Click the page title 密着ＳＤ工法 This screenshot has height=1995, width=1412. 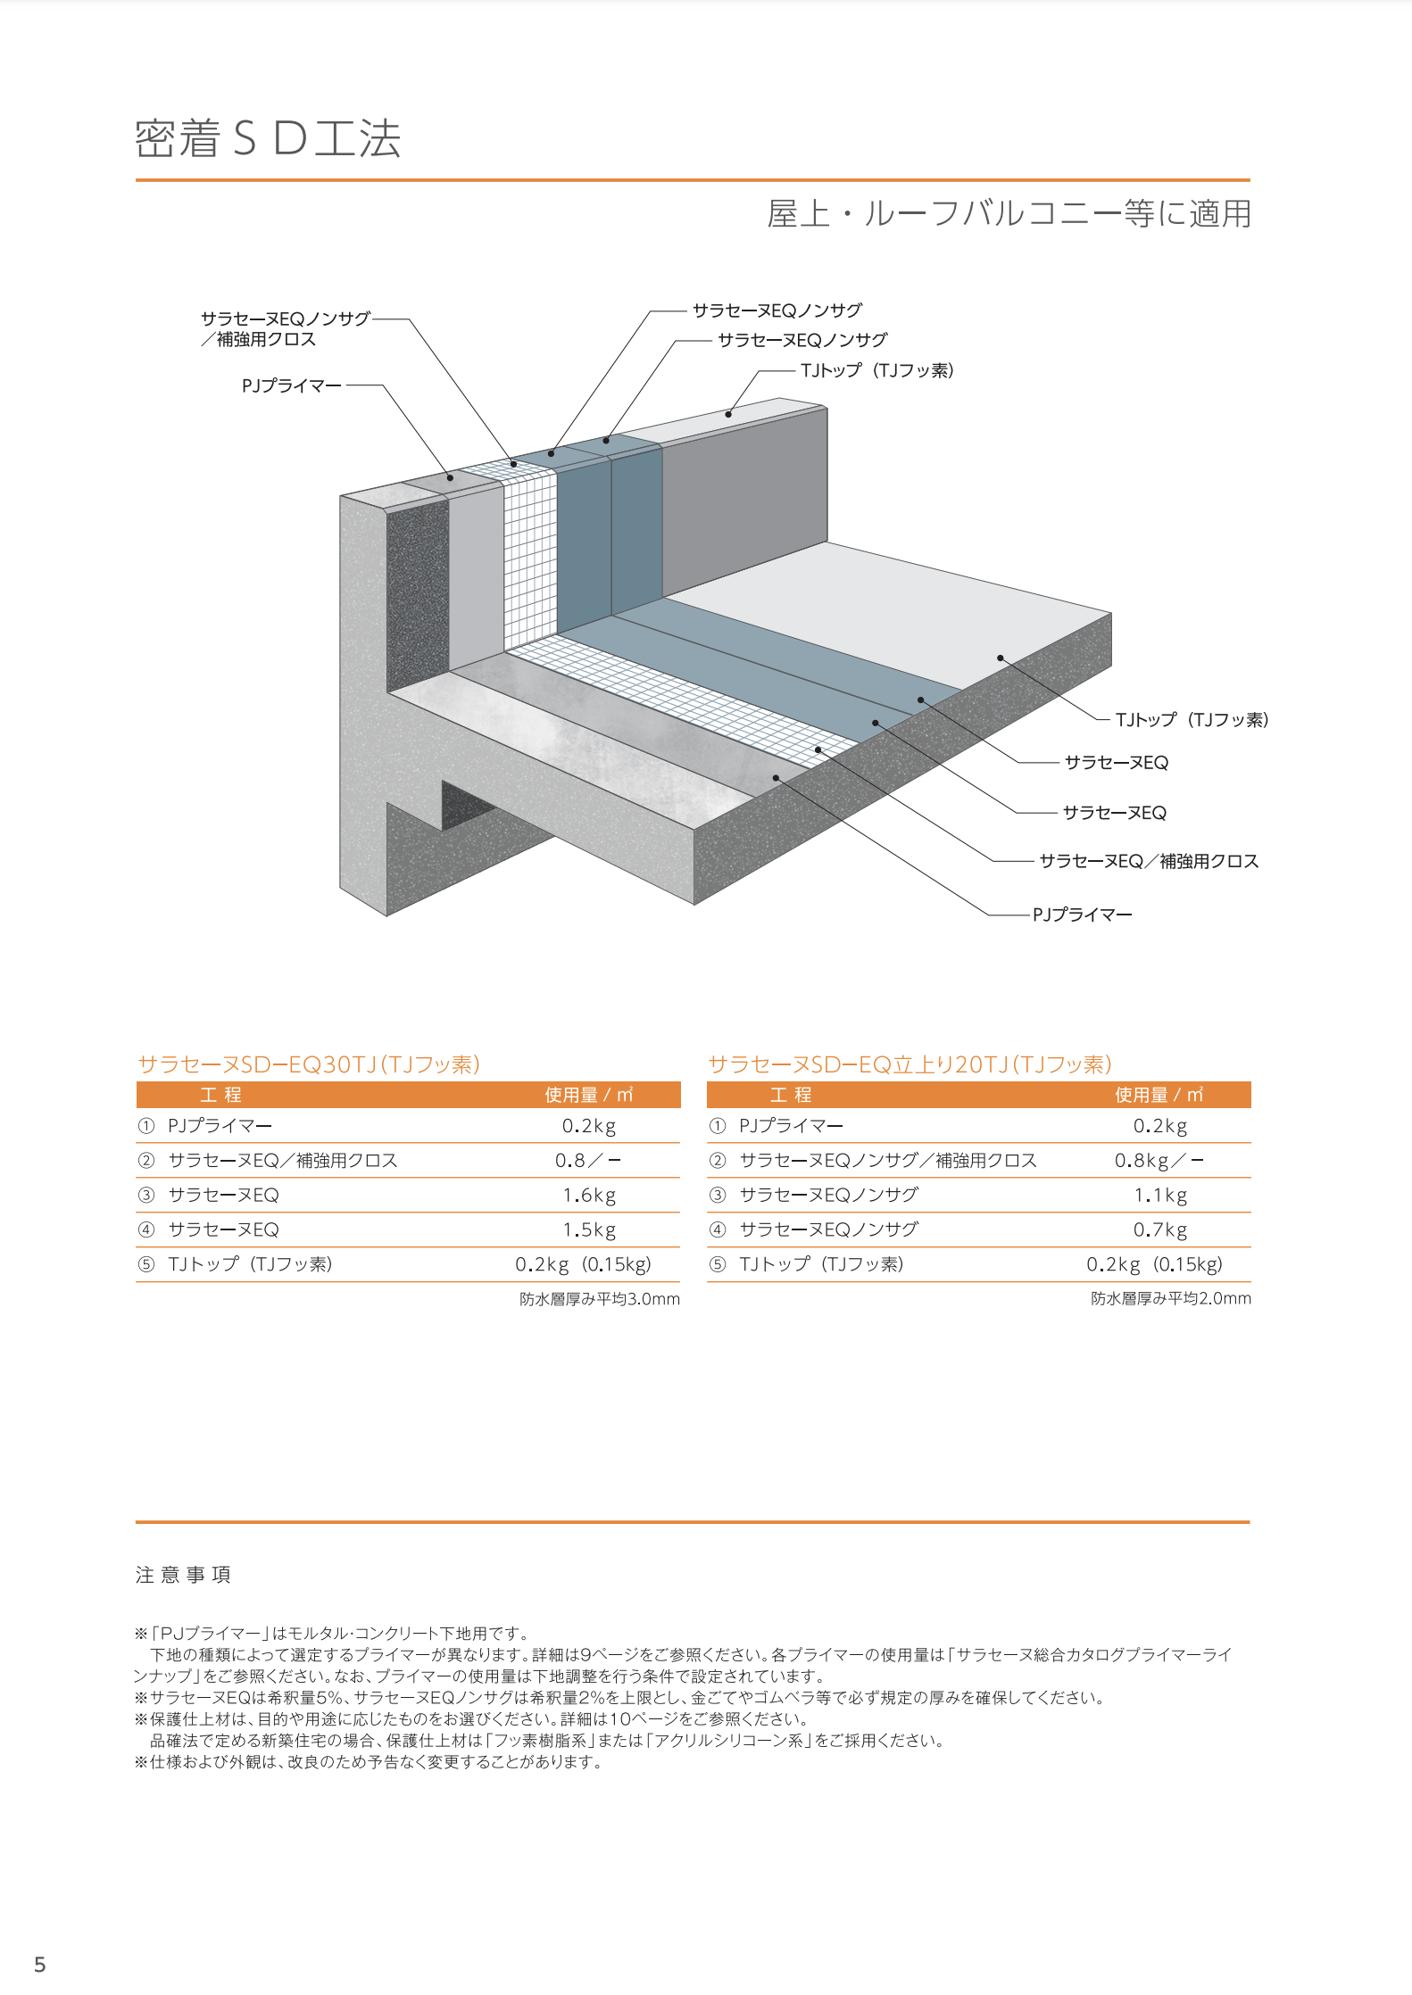(268, 139)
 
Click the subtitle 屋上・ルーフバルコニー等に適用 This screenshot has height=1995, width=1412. (1009, 214)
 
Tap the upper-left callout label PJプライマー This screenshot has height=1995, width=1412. (291, 385)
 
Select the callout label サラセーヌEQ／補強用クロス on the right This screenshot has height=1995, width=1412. (1149, 861)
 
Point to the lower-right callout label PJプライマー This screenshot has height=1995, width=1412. (1082, 915)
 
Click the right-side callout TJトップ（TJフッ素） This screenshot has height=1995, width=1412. (1192, 720)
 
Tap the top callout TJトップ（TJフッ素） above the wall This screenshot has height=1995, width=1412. (877, 370)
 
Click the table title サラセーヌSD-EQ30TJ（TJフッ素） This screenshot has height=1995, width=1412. (309, 1064)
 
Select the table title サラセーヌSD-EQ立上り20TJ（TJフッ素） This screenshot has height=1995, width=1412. (909, 1064)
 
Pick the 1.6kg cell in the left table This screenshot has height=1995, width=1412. (589, 1196)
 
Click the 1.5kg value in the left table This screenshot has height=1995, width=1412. (589, 1230)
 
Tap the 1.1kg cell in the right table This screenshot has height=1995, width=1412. (1160, 1196)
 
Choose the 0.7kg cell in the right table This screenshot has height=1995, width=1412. (1160, 1230)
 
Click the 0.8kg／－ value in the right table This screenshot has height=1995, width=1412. (1159, 1161)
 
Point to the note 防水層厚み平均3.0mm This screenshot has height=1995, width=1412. (600, 1299)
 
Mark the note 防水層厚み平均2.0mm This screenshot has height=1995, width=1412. (1171, 1299)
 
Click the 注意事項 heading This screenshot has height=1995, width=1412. (183, 1575)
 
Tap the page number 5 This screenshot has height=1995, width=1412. (39, 1965)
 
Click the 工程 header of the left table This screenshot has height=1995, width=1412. (220, 1095)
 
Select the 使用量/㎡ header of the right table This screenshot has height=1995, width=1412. (1159, 1095)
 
